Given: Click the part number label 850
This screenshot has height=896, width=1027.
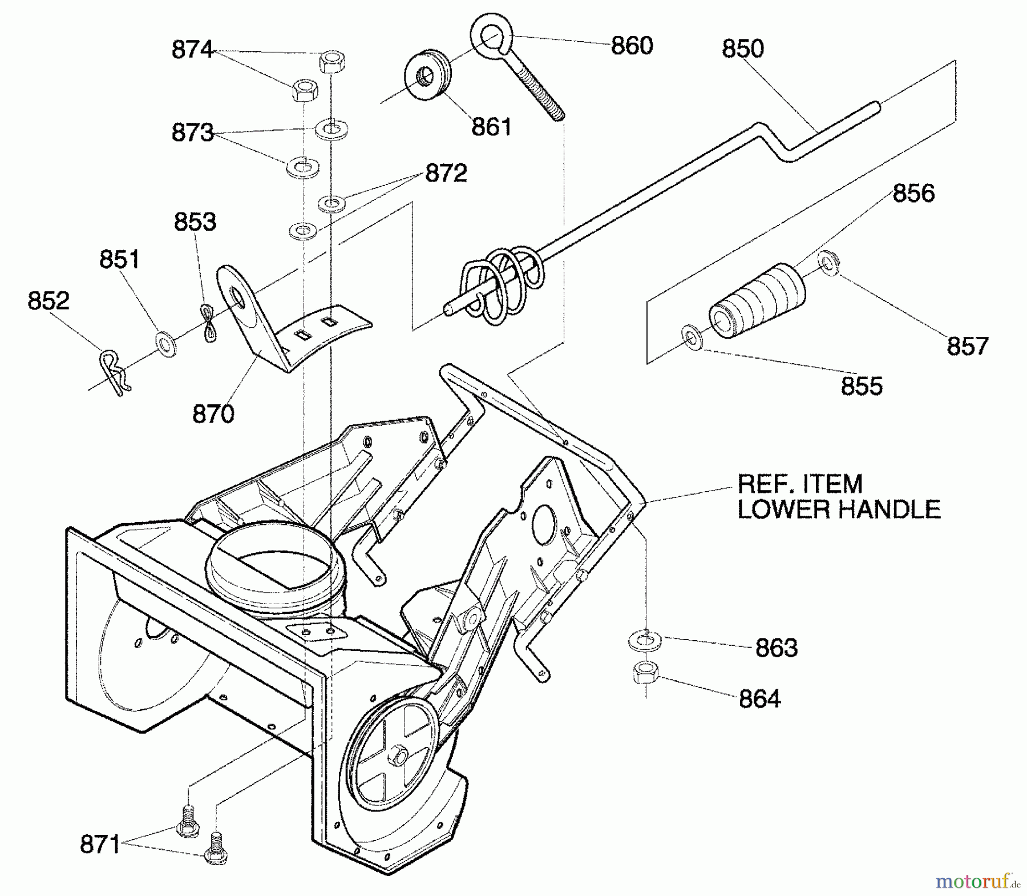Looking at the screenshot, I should [x=742, y=49].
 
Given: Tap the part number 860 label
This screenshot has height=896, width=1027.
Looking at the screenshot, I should [x=632, y=46].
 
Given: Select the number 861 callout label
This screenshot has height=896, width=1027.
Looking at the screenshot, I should [x=491, y=127].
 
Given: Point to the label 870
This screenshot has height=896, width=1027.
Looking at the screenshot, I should [x=213, y=414].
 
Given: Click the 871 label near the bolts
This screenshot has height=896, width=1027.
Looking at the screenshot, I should [x=100, y=844].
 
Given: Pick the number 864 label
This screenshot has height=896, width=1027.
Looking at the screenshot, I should [x=759, y=699].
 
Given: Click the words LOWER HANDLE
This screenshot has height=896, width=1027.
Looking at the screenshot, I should [x=839, y=509].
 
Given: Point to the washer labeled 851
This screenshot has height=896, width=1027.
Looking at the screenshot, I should [x=166, y=344].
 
